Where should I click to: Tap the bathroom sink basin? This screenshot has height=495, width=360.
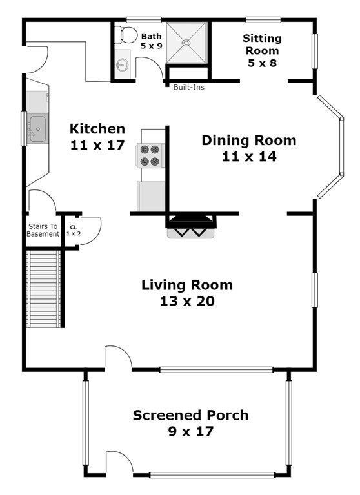(x=122, y=65)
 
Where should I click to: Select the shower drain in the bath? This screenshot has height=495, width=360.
(x=186, y=43)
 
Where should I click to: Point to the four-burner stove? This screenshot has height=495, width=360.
(x=150, y=155)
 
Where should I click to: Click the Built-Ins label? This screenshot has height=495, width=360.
(x=189, y=87)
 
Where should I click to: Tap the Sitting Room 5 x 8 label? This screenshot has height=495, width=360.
(x=262, y=50)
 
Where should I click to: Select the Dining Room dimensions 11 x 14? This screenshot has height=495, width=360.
(x=249, y=157)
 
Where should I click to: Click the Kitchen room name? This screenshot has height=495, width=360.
(x=97, y=129)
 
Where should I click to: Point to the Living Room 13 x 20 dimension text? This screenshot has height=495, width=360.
(x=187, y=301)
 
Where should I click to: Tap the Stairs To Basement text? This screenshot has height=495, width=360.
(x=43, y=230)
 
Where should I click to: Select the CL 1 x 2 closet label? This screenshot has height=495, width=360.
(x=74, y=231)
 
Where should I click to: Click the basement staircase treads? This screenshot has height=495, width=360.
(x=43, y=289)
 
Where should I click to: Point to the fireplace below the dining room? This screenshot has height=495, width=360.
(x=191, y=226)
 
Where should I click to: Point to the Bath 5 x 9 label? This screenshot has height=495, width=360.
(x=152, y=41)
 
